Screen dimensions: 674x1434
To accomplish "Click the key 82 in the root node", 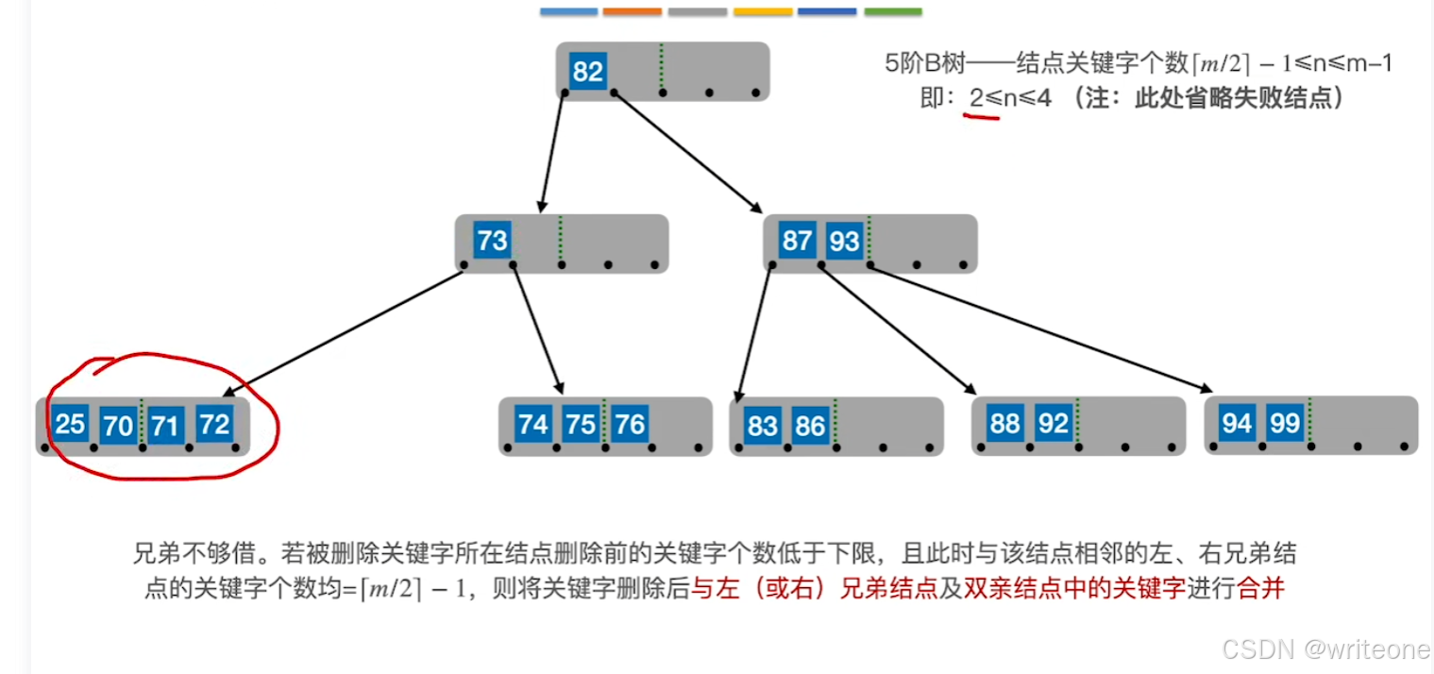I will (x=587, y=72).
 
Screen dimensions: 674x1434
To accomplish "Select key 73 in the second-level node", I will (x=492, y=241).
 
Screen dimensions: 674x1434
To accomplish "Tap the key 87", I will (x=797, y=241).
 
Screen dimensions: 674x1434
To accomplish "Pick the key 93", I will (x=844, y=242).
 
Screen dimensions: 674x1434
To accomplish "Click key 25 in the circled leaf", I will (x=70, y=424).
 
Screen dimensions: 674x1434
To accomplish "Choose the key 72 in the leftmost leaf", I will (x=214, y=424).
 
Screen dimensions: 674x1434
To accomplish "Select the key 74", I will (x=533, y=425).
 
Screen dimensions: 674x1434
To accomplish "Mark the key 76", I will (x=629, y=425).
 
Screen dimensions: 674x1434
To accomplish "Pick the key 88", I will (x=1004, y=423).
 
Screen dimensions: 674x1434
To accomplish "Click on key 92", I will (x=1053, y=424).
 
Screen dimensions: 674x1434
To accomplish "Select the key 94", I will (x=1237, y=423).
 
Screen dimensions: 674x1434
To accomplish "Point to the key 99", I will (x=1285, y=423).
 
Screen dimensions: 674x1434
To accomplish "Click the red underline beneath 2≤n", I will (x=981, y=116).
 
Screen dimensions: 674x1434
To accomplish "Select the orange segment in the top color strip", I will (x=632, y=11).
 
